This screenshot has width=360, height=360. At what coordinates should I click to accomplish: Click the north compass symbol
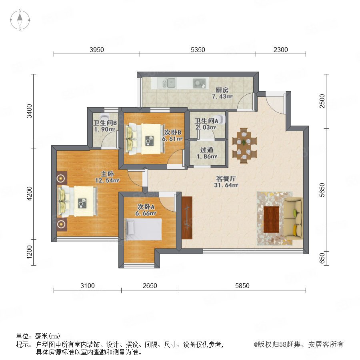pos(20,20)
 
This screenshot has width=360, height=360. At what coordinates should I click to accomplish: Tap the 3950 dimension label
pos(97,50)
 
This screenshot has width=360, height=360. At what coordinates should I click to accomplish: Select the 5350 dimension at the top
pos(198,50)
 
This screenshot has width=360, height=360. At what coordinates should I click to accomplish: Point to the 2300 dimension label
pos(280,50)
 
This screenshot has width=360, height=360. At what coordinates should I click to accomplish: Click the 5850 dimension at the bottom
pos(242,286)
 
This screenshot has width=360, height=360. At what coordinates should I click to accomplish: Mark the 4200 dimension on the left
pos(29,193)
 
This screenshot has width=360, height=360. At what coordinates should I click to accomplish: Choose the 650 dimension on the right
pos(322,258)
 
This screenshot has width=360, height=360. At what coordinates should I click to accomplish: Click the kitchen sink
pos(169,83)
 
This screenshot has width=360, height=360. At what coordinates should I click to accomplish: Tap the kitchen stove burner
pos(199,83)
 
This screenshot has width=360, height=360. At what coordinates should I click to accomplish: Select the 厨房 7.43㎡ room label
pos(222,93)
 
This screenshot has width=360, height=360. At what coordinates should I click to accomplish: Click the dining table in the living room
pos(244,146)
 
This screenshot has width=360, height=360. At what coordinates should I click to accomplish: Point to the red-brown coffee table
pos(271,219)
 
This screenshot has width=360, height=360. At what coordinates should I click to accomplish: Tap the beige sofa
pos(294,218)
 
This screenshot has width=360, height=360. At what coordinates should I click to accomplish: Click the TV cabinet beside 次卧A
pos(187,218)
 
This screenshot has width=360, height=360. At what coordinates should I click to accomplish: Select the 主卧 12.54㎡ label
pos(107,177)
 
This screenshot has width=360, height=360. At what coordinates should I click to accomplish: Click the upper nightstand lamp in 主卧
pos(61,178)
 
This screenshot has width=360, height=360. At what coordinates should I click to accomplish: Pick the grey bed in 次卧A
pos(144,229)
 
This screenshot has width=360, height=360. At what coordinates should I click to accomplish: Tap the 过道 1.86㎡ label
pos(207,153)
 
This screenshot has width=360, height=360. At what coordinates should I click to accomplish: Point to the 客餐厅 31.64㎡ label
pos(226,182)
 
